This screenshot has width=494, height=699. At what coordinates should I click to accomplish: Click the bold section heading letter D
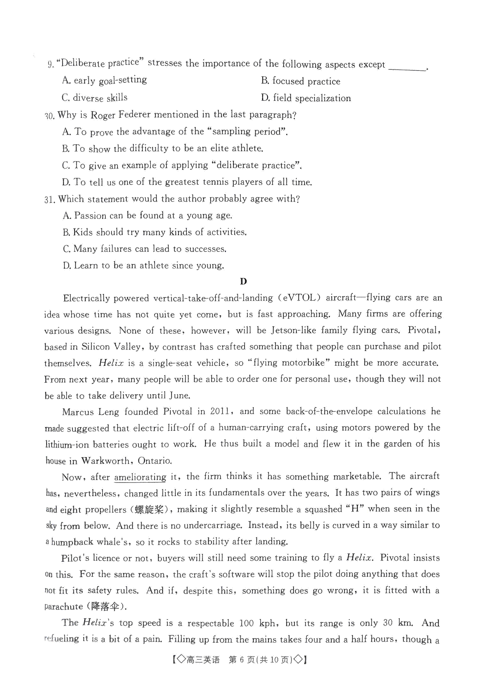243,282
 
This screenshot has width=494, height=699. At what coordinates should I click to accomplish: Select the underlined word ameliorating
140,477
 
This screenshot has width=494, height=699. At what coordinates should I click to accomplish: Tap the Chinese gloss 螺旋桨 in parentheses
149,510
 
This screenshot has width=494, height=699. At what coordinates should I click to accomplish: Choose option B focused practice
301,81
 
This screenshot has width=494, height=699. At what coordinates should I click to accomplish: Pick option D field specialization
306,98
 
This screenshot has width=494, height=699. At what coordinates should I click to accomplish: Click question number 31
50,199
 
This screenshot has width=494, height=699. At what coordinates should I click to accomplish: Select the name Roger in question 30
103,115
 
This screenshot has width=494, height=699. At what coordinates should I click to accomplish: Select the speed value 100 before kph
246,623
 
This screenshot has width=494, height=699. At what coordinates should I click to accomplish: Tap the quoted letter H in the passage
354,509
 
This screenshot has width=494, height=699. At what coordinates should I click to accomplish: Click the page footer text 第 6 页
242,660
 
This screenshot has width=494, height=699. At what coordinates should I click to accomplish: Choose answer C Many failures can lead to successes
144,249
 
